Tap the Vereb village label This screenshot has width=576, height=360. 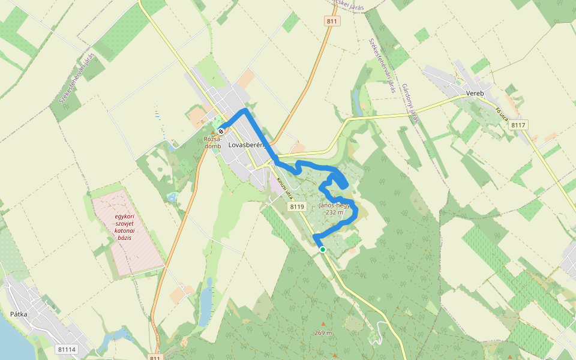(x=475, y=94)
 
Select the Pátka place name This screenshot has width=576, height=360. (x=19, y=313)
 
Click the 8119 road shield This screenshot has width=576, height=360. (x=297, y=206)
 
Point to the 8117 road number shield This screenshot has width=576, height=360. (x=519, y=125)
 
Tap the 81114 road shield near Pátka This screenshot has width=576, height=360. (x=67, y=349)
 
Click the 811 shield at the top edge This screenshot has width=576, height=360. (x=332, y=21)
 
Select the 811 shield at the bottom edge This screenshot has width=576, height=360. (x=155, y=357)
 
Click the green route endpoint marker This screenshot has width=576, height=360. (x=323, y=250)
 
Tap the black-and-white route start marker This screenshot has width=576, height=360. (x=221, y=131)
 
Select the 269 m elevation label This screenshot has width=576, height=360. (x=323, y=333)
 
